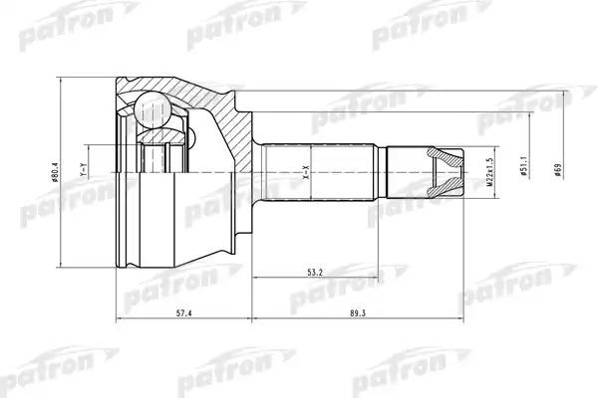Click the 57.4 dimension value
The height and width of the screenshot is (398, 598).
tap(183, 313)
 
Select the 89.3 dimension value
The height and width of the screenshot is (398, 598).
tap(358, 313)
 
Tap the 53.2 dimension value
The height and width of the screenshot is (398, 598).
tap(315, 273)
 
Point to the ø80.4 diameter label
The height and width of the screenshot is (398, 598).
tap(55, 172)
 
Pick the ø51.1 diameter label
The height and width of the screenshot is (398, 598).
tap(523, 165)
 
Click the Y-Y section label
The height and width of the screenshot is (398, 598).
tap(85, 170)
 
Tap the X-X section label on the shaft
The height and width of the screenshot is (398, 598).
tap(306, 172)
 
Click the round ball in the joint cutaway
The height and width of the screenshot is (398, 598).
tap(152, 110)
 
